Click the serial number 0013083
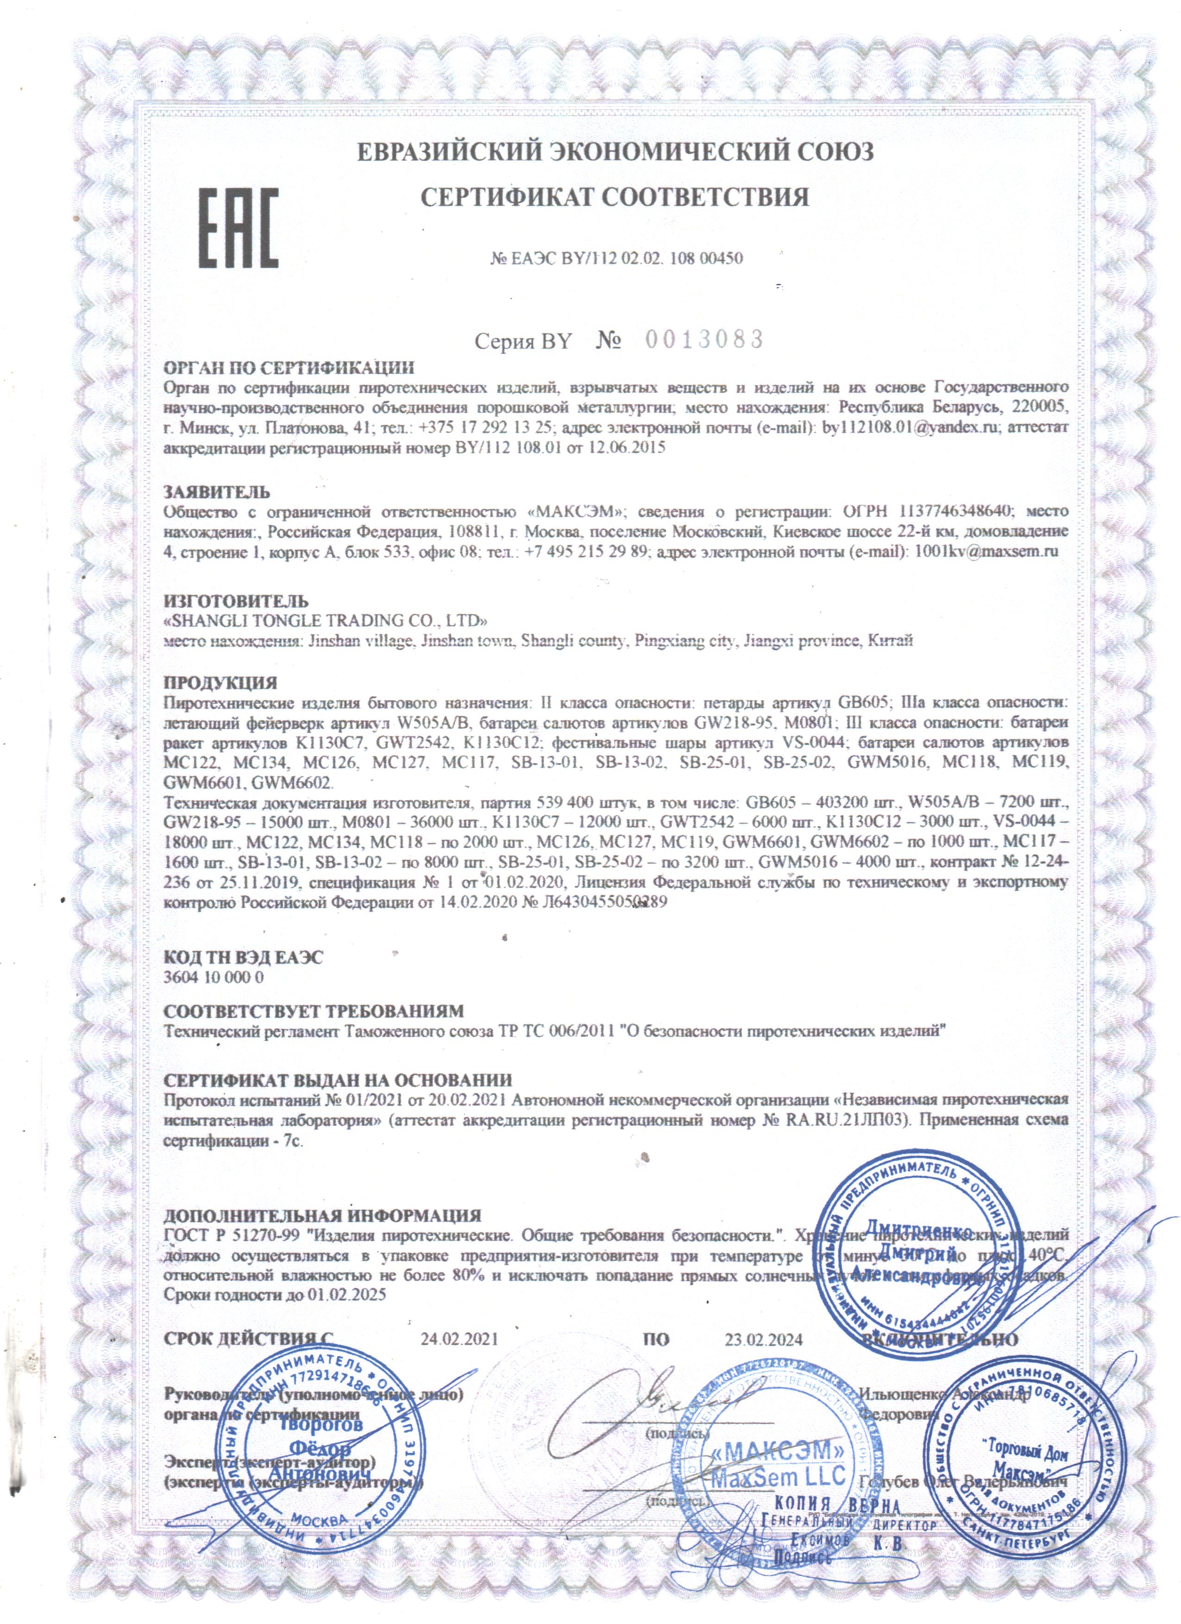click(x=705, y=339)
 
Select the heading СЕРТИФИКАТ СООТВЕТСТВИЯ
click(x=615, y=197)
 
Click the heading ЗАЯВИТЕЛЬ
click(x=217, y=492)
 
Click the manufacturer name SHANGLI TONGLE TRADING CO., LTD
click(x=327, y=620)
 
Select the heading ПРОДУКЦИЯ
click(x=220, y=682)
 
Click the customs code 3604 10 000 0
click(x=214, y=977)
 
